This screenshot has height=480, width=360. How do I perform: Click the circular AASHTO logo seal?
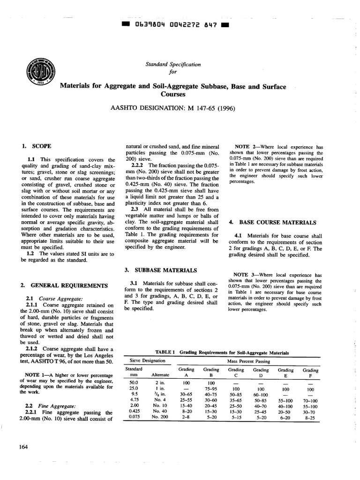[41, 73]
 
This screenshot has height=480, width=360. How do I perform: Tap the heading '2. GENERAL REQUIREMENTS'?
[64, 285]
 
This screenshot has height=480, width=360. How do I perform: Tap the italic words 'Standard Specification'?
[172, 64]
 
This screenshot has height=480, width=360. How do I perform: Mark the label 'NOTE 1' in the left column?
[36, 375]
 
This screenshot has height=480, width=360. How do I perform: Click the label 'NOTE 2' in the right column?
[248, 147]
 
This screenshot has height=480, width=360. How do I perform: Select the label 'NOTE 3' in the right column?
[248, 275]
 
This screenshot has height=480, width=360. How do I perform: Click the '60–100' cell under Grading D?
[261, 395]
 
